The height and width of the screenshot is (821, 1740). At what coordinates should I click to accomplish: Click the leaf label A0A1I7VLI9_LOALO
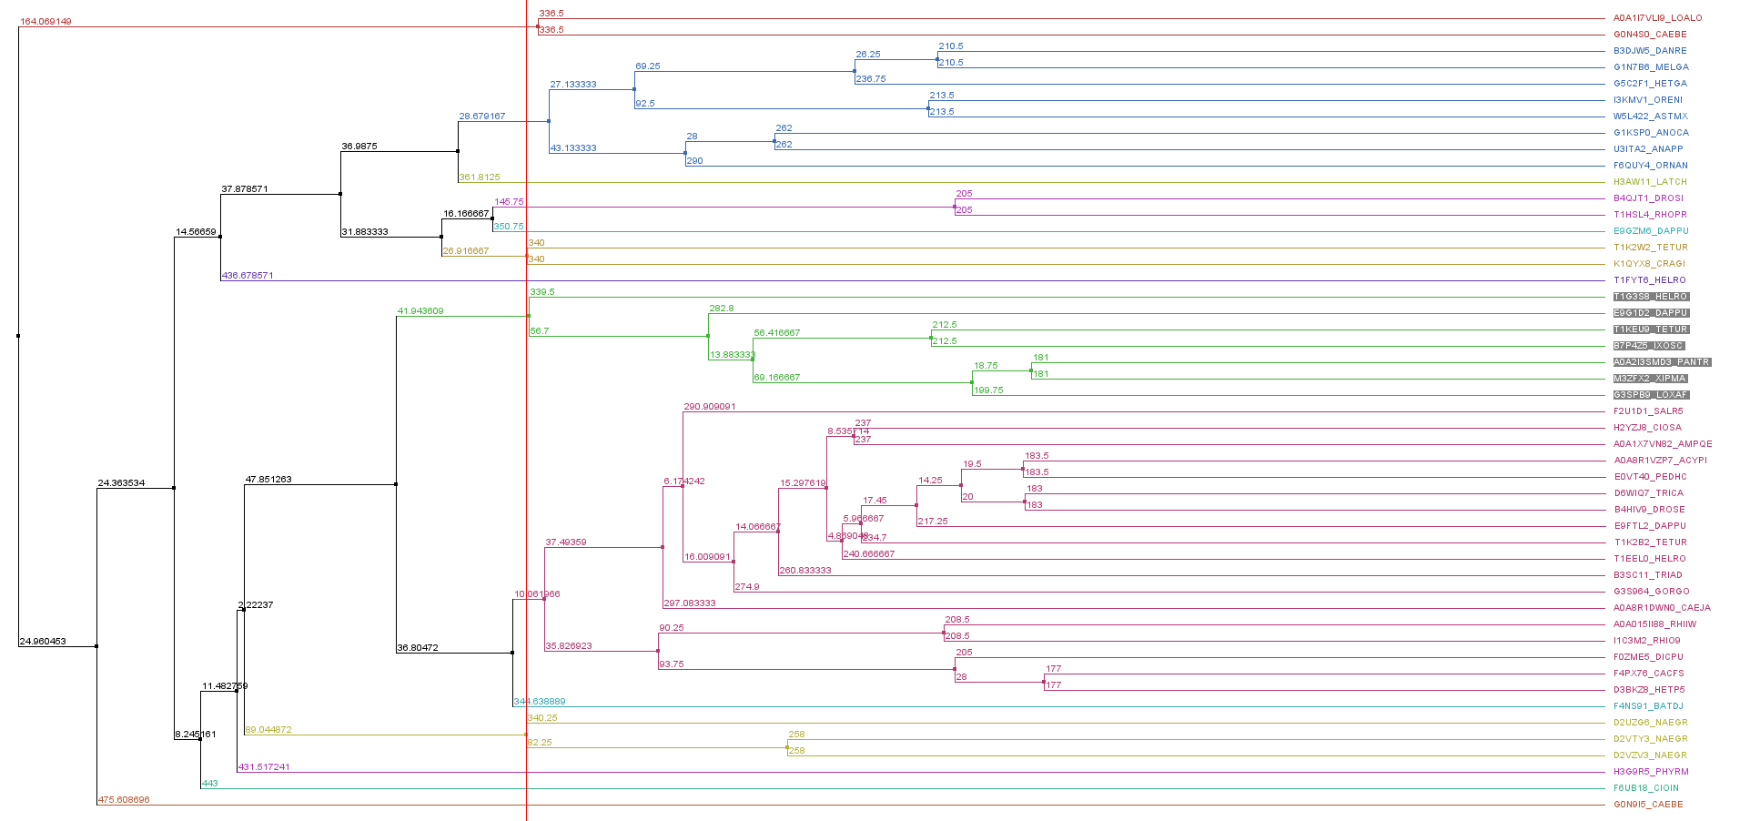pos(1657,18)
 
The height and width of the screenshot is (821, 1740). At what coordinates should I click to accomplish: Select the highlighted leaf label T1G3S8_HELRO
pos(1651,297)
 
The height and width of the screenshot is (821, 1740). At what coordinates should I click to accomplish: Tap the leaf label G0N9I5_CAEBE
pos(1648,805)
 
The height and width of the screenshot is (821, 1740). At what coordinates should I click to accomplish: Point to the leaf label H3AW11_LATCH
pos(1650,182)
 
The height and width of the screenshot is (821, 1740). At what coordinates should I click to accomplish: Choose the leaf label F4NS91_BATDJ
pos(1648,706)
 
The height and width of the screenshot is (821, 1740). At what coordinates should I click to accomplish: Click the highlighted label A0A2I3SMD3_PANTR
pos(1662,362)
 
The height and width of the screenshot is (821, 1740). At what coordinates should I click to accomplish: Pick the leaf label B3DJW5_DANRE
pos(1650,51)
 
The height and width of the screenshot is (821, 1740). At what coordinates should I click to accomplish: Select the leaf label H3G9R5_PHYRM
pos(1651,772)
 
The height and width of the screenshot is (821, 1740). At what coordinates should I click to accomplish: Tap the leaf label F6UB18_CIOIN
pos(1646,788)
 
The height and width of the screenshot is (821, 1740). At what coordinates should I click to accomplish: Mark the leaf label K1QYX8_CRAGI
pos(1649,264)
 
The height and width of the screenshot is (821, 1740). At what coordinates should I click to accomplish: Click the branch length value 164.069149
pos(46,21)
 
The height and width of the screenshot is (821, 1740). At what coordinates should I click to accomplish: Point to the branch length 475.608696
pos(124,800)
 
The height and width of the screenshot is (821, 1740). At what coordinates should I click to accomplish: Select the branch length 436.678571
pos(248,275)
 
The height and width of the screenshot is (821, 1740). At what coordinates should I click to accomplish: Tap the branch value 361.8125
pos(480,177)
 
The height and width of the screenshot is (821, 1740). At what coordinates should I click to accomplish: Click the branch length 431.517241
pos(264,767)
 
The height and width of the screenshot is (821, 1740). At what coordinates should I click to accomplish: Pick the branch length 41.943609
pos(420,311)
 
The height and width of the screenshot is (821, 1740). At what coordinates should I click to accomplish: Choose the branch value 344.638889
pos(540,702)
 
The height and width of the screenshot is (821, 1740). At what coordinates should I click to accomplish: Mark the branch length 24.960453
pos(43,642)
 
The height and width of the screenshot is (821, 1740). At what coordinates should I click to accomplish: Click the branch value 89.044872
pos(268,730)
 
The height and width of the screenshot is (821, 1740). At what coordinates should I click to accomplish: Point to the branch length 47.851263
pos(268,480)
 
